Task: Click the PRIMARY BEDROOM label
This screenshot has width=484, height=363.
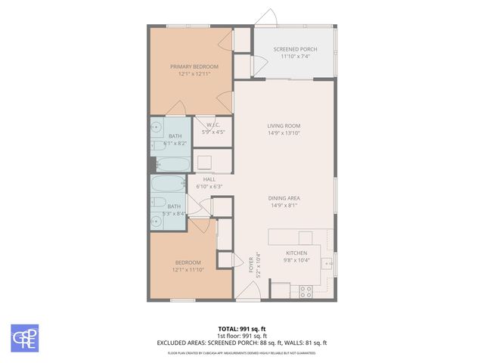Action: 190,67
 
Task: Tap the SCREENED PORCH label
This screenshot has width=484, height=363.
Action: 295,49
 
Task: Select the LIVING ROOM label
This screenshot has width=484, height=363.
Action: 284,126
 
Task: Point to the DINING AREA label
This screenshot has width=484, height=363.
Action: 284,197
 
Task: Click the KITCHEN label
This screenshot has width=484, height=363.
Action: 296,253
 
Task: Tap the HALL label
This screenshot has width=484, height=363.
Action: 209,179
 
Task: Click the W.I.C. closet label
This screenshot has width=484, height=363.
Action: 212,125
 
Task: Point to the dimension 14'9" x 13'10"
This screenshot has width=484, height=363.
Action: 284,133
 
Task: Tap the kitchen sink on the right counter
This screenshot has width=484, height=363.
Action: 327,263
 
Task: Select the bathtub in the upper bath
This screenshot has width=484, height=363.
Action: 174,164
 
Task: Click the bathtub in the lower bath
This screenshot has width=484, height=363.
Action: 166,185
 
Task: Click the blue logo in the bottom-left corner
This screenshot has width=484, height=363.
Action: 25,338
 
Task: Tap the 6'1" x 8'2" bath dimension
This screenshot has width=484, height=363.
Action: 175,143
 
